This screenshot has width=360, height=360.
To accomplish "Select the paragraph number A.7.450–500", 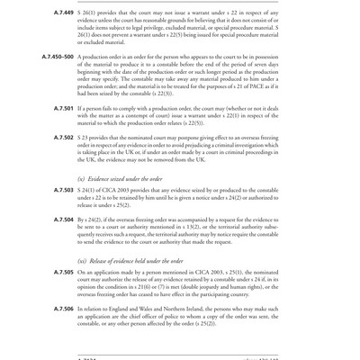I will pyautogui.click(x=56, y=55).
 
